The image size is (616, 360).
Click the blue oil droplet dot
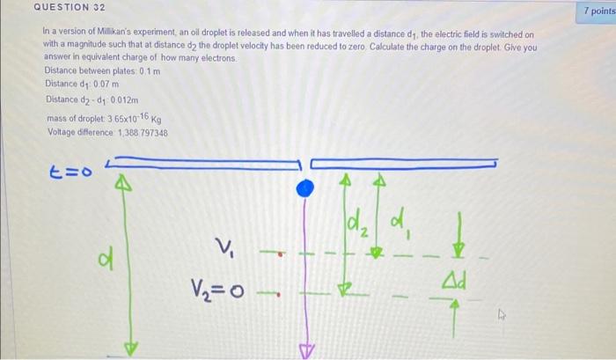pos(305,187)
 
